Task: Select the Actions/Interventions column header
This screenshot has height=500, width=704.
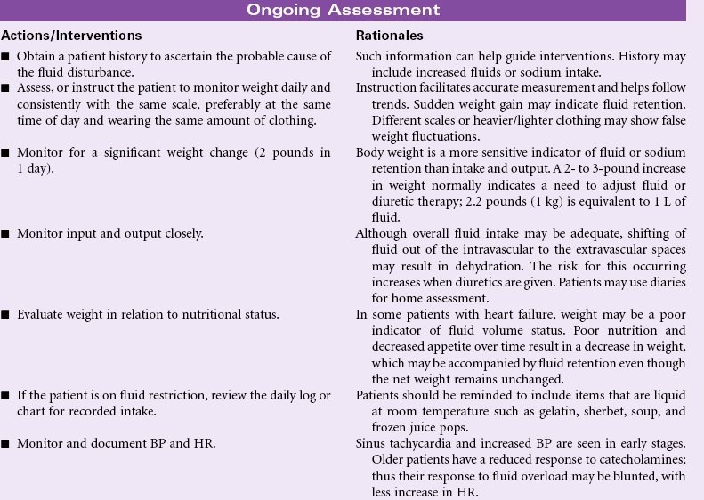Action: pos(71,36)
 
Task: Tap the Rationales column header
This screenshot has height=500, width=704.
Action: pos(389,36)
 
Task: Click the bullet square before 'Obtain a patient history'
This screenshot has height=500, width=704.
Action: pos(6,57)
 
